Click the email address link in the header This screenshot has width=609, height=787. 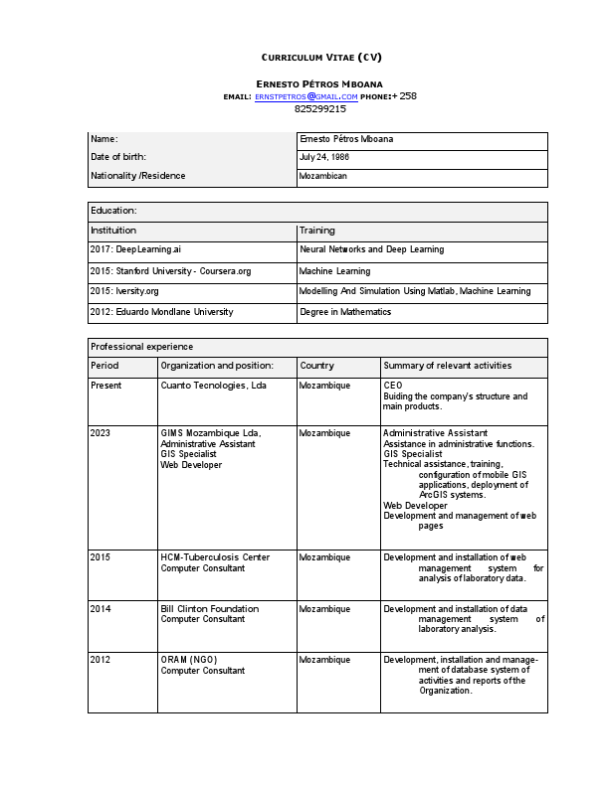point(305,96)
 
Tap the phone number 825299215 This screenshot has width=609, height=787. point(319,108)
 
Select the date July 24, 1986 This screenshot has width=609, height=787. point(324,158)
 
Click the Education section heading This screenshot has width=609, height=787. point(113,211)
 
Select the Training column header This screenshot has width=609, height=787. point(317,231)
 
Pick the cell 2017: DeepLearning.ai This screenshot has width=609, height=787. point(135,250)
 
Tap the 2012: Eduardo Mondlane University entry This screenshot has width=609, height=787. point(162,312)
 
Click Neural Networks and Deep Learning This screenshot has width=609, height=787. point(371,250)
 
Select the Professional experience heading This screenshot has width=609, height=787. point(142,347)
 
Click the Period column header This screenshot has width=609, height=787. point(104,366)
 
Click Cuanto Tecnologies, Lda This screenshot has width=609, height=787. point(213,385)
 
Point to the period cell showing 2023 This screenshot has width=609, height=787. point(101,433)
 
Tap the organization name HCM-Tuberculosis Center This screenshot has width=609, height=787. point(215,557)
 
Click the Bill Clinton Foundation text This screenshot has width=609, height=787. point(209,609)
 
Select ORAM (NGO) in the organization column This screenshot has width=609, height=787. point(189,660)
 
